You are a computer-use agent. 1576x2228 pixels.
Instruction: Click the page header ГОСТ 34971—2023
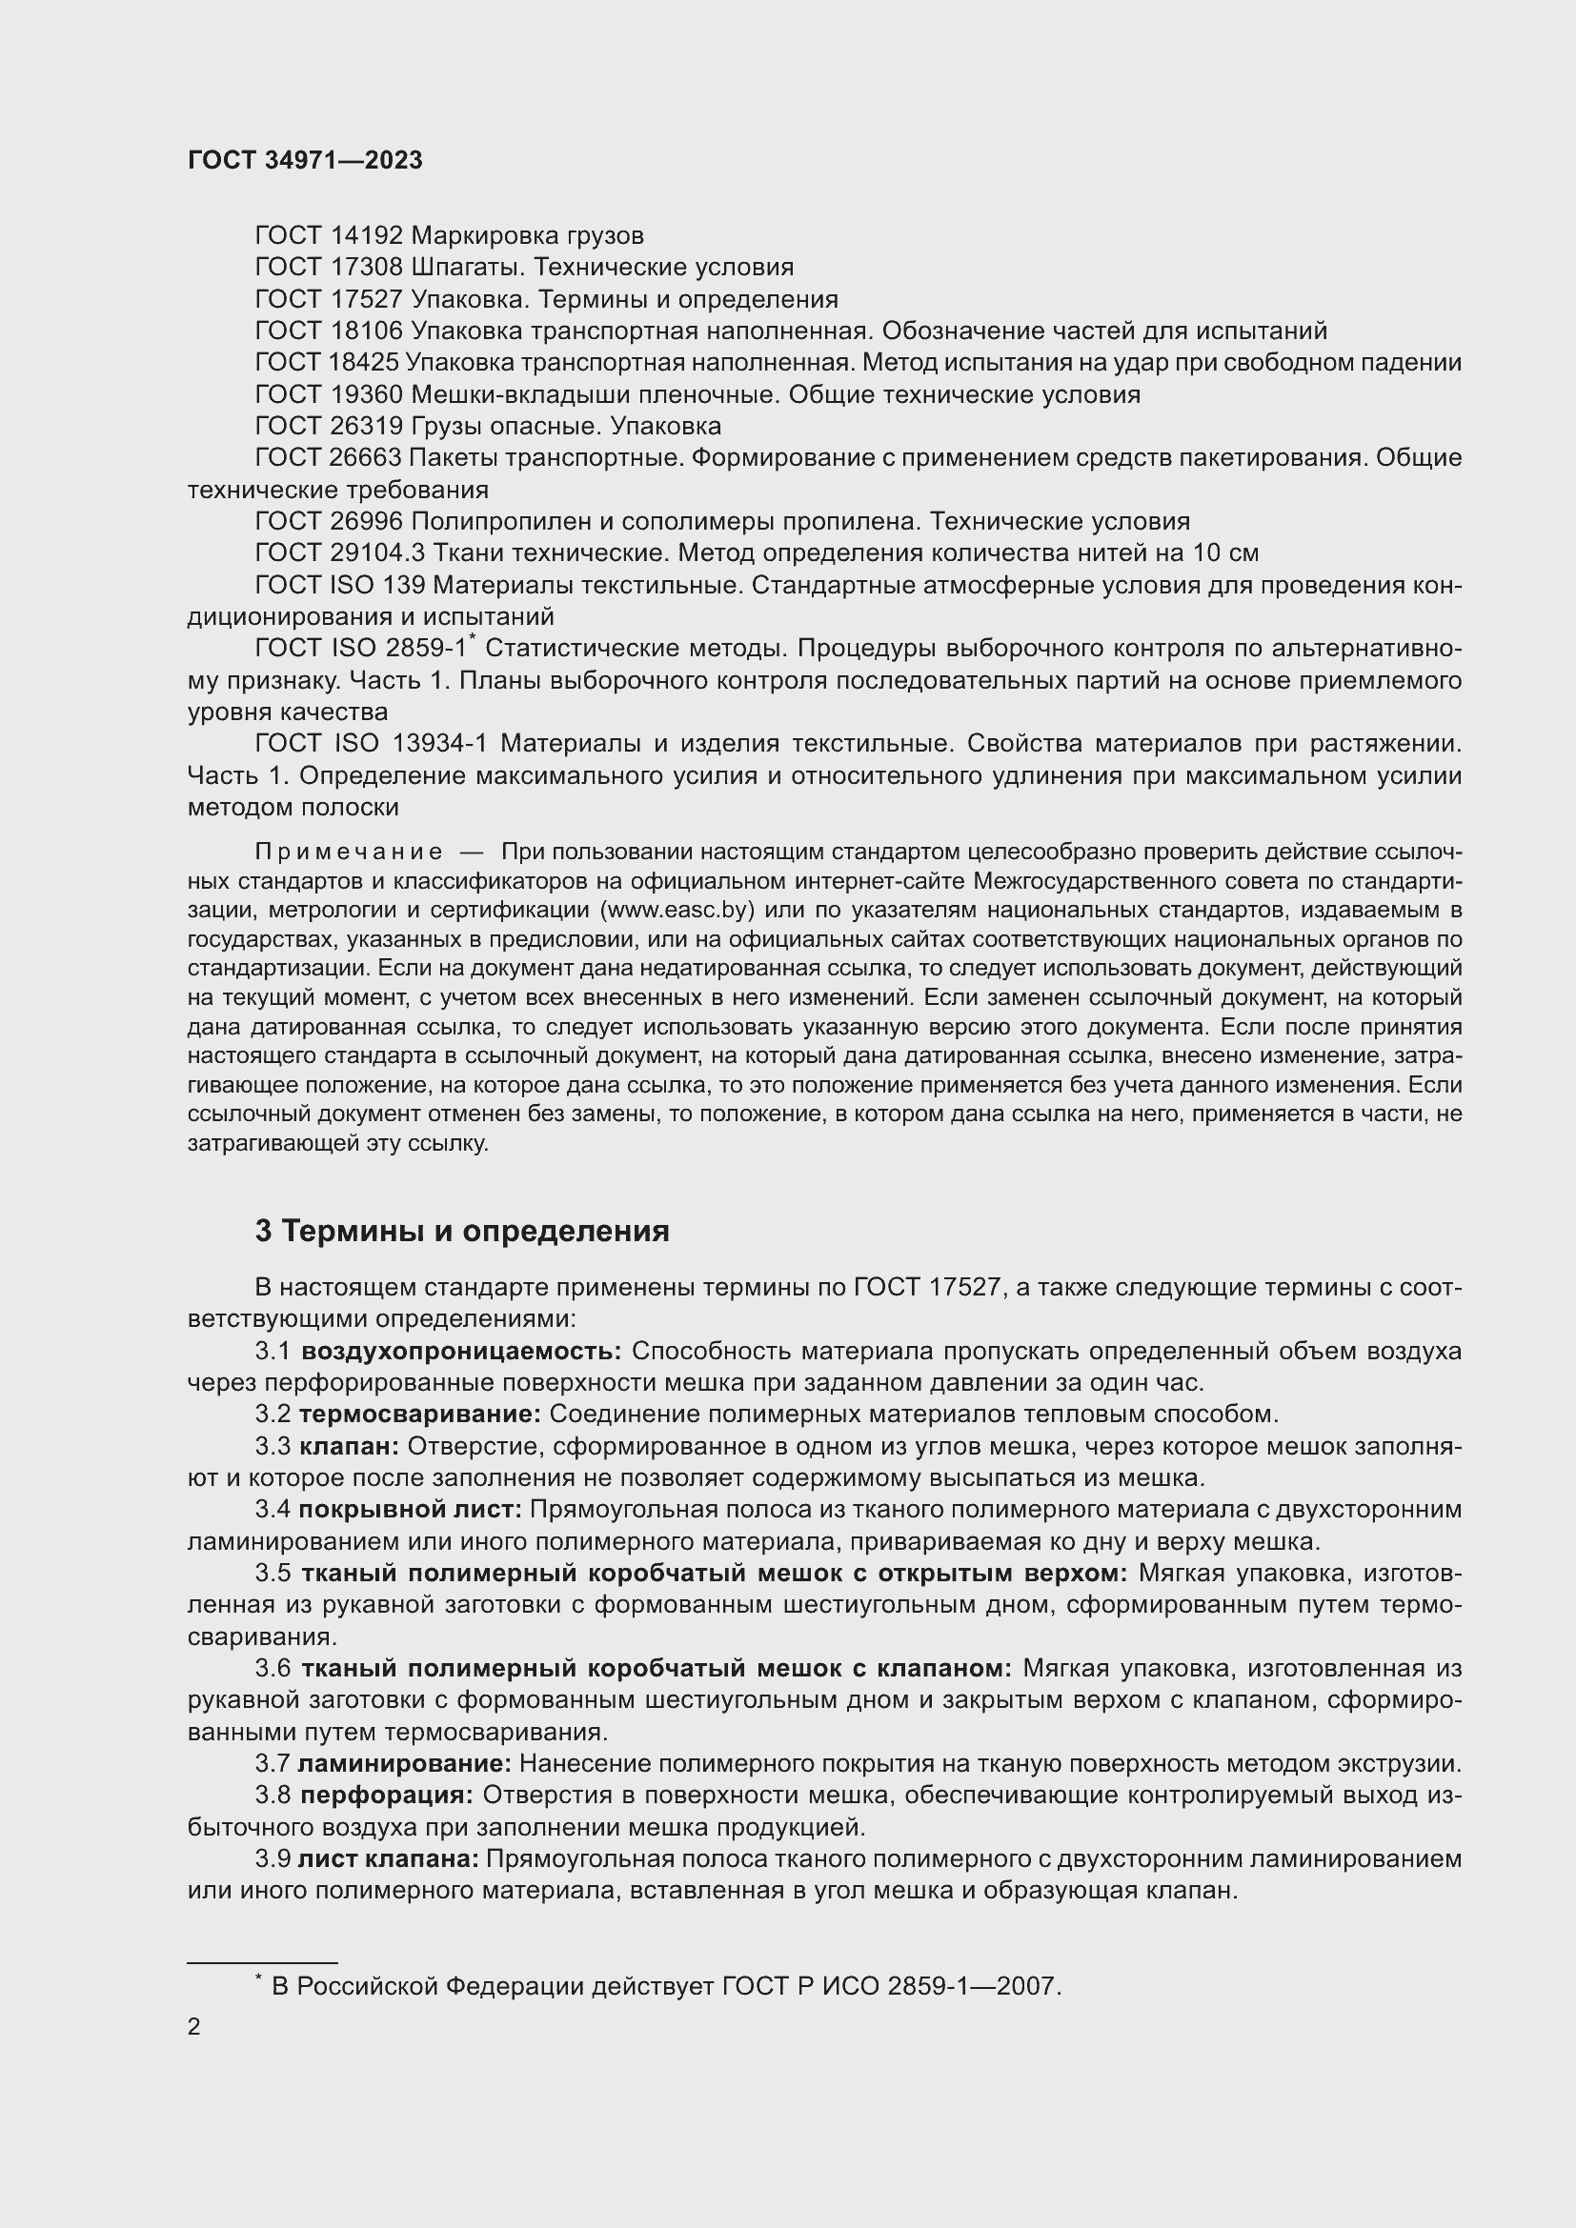pos(305,161)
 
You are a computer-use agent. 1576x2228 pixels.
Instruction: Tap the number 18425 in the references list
pos(364,363)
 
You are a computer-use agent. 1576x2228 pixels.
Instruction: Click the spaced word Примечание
pos(349,853)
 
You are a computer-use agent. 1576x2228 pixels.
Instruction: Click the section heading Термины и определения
pos(475,1232)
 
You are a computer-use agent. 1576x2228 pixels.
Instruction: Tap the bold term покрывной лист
pos(411,1510)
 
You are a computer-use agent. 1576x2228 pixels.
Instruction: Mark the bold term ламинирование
pos(405,1763)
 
